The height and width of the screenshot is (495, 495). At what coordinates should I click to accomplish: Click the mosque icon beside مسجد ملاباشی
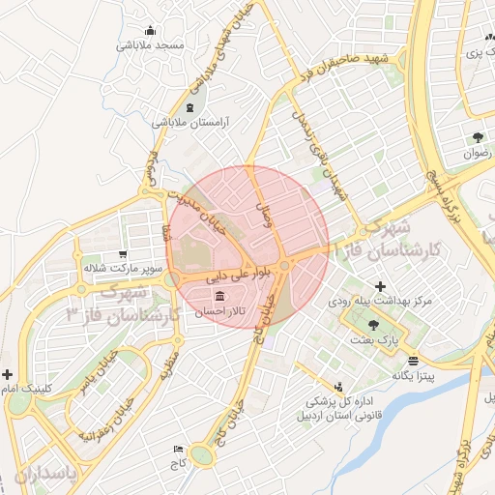[151, 30]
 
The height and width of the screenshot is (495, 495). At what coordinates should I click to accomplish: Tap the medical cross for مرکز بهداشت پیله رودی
[380, 287]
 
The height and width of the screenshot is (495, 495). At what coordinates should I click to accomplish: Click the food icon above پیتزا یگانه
[414, 359]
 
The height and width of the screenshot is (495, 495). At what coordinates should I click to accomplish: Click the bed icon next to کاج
[177, 450]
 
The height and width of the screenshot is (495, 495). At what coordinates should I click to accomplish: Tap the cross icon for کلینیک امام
[8, 374]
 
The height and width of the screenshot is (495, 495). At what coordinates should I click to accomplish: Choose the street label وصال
[264, 216]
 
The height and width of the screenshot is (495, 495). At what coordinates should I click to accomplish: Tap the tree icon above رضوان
[478, 137]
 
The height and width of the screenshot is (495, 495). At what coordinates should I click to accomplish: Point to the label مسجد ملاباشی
[151, 45]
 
